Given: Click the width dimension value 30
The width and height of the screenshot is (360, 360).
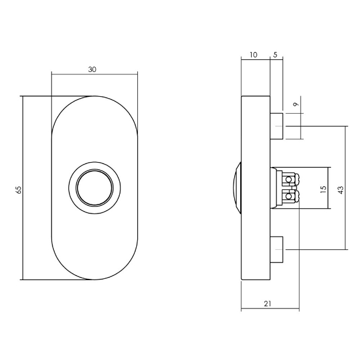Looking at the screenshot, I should pyautogui.click(x=92, y=70).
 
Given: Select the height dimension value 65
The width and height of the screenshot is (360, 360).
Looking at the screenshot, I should pyautogui.click(x=19, y=189).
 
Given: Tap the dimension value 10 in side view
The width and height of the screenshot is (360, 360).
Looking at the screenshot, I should pyautogui.click(x=253, y=55).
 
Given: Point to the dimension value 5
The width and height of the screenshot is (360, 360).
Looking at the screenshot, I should pyautogui.click(x=275, y=55).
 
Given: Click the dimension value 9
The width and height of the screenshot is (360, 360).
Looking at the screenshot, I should pyautogui.click(x=296, y=105).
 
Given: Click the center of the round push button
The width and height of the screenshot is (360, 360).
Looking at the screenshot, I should pyautogui.click(x=94, y=186).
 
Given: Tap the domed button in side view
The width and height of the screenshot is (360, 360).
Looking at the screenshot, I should pyautogui.click(x=237, y=188).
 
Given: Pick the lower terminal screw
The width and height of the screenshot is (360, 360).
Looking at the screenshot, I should pyautogui.click(x=290, y=196).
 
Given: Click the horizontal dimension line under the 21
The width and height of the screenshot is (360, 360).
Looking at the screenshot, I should pyautogui.click(x=270, y=310).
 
